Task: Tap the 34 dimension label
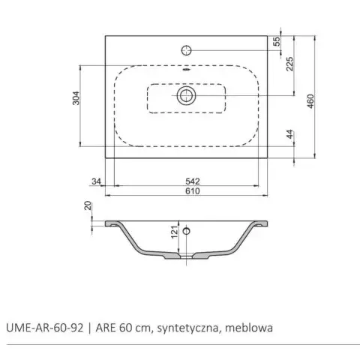(x=95, y=180)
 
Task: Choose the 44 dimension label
(x=289, y=136)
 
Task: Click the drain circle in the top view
(x=186, y=95)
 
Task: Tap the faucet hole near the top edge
(x=186, y=51)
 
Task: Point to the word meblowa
(x=251, y=328)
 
